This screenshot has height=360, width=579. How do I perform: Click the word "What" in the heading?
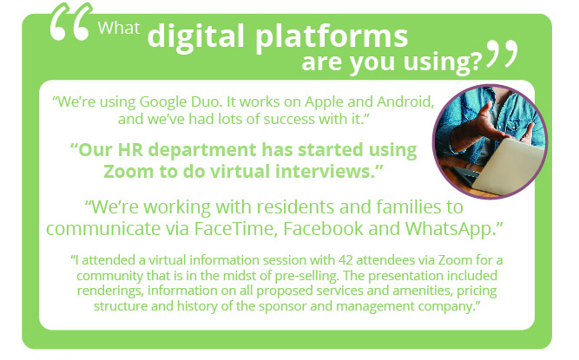[x=119, y=28]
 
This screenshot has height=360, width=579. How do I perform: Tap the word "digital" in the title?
[x=196, y=37]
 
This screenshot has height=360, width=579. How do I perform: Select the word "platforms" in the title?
[x=332, y=37]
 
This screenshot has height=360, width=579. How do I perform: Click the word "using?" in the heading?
[x=443, y=62]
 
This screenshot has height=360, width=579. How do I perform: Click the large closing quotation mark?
[x=503, y=54]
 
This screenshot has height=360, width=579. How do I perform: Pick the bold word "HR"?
[x=130, y=150]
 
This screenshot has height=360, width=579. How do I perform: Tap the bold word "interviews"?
[x=324, y=172]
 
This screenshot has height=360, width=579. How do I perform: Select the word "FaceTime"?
[x=236, y=229]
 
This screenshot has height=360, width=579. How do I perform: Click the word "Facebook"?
[x=323, y=229]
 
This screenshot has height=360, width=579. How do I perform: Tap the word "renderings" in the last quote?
[x=110, y=291]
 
